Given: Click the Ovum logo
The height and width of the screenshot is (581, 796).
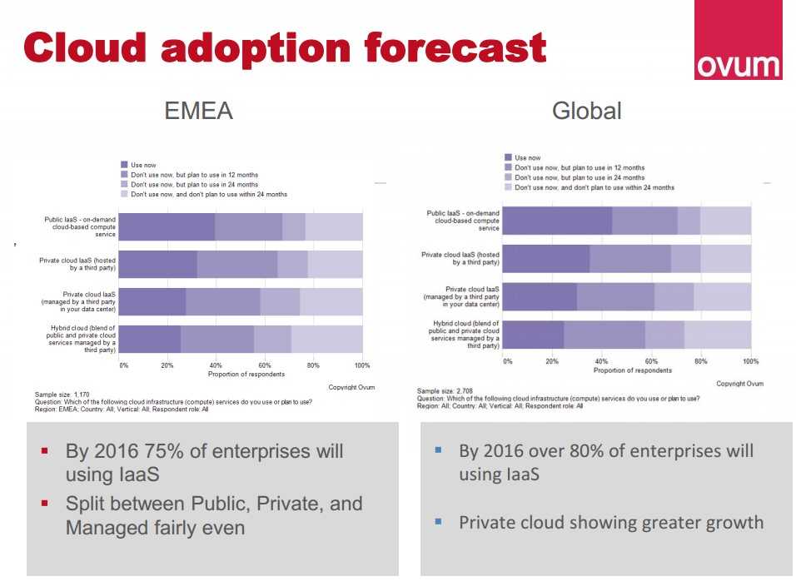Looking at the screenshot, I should [738, 41].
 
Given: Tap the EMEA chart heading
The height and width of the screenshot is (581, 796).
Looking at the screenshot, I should [198, 111].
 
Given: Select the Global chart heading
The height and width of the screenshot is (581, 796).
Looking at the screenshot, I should [586, 111].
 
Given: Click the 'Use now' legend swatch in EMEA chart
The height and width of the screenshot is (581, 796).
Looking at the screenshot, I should [124, 165].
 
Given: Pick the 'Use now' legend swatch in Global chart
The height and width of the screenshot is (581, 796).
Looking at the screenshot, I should [508, 157].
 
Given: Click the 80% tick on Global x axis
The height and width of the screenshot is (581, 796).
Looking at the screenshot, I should [700, 361].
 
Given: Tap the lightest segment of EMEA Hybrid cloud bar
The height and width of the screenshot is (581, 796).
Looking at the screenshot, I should [326, 339].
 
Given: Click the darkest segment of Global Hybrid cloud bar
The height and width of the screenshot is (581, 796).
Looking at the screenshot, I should [534, 334].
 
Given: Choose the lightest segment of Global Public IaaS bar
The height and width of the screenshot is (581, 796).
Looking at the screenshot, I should [725, 221].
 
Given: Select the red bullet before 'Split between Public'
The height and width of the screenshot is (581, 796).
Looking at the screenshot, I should [45, 504].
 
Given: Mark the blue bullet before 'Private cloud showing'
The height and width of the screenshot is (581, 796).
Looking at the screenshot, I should [438, 523].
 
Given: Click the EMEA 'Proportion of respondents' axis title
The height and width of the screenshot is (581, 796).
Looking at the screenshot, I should [242, 375].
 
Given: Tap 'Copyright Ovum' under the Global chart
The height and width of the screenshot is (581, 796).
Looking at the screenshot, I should [739, 384].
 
